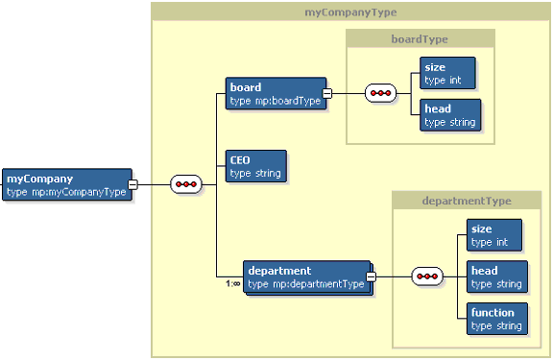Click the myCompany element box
click(67, 184)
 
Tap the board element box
click(276, 93)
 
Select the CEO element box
click(256, 166)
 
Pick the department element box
click(307, 277)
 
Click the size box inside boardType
click(447, 73)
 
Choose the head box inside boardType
click(450, 115)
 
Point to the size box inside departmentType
click(494, 235)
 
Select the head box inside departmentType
click(497, 276)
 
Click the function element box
click(497, 319)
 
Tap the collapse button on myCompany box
click(132, 184)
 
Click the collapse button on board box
click(327, 93)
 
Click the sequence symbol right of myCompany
click(186, 184)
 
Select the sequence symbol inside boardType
click(380, 93)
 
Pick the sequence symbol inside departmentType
click(427, 276)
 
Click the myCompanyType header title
click(350, 12)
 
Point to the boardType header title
click(420, 39)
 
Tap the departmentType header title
click(467, 201)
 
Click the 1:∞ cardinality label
click(233, 283)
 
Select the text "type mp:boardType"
click(276, 101)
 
